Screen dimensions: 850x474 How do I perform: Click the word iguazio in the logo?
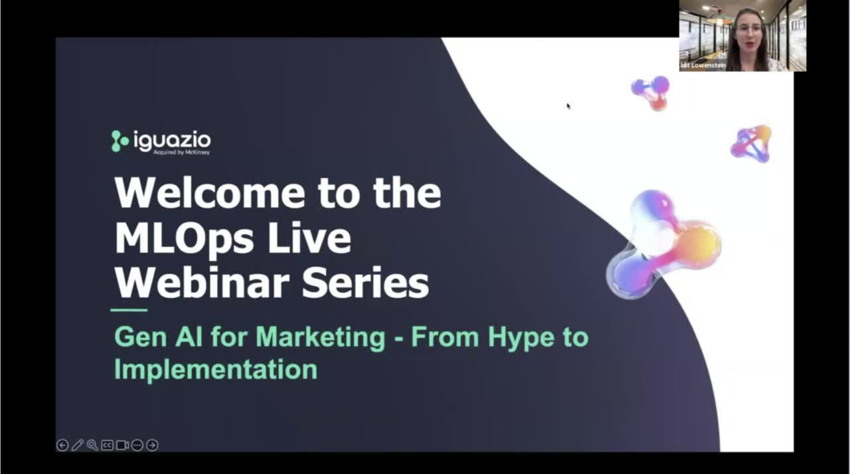pyautogui.click(x=172, y=140)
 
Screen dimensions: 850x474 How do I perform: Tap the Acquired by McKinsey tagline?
pyautogui.click(x=181, y=153)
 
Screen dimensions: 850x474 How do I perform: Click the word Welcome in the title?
pyautogui.click(x=210, y=193)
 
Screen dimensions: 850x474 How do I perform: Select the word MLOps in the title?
pyautogui.click(x=184, y=238)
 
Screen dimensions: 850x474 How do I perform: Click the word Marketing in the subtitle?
pyautogui.click(x=321, y=337)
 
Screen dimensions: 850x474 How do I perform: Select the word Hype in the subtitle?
pyautogui.click(x=521, y=337)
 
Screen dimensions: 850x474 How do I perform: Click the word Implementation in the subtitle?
pyautogui.click(x=216, y=369)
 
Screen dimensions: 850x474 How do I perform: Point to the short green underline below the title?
pyautogui.click(x=129, y=310)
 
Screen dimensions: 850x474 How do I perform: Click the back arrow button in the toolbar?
pyautogui.click(x=62, y=445)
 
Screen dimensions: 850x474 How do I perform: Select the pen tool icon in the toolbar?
pyautogui.click(x=78, y=445)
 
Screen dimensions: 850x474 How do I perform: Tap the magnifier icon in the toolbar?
pyautogui.click(x=92, y=445)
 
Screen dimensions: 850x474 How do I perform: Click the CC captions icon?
pyautogui.click(x=108, y=445)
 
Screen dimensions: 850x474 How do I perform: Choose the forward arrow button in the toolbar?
pyautogui.click(x=152, y=445)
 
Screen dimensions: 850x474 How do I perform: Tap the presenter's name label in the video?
pyautogui.click(x=703, y=66)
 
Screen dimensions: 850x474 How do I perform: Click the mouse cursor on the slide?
pyautogui.click(x=568, y=106)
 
